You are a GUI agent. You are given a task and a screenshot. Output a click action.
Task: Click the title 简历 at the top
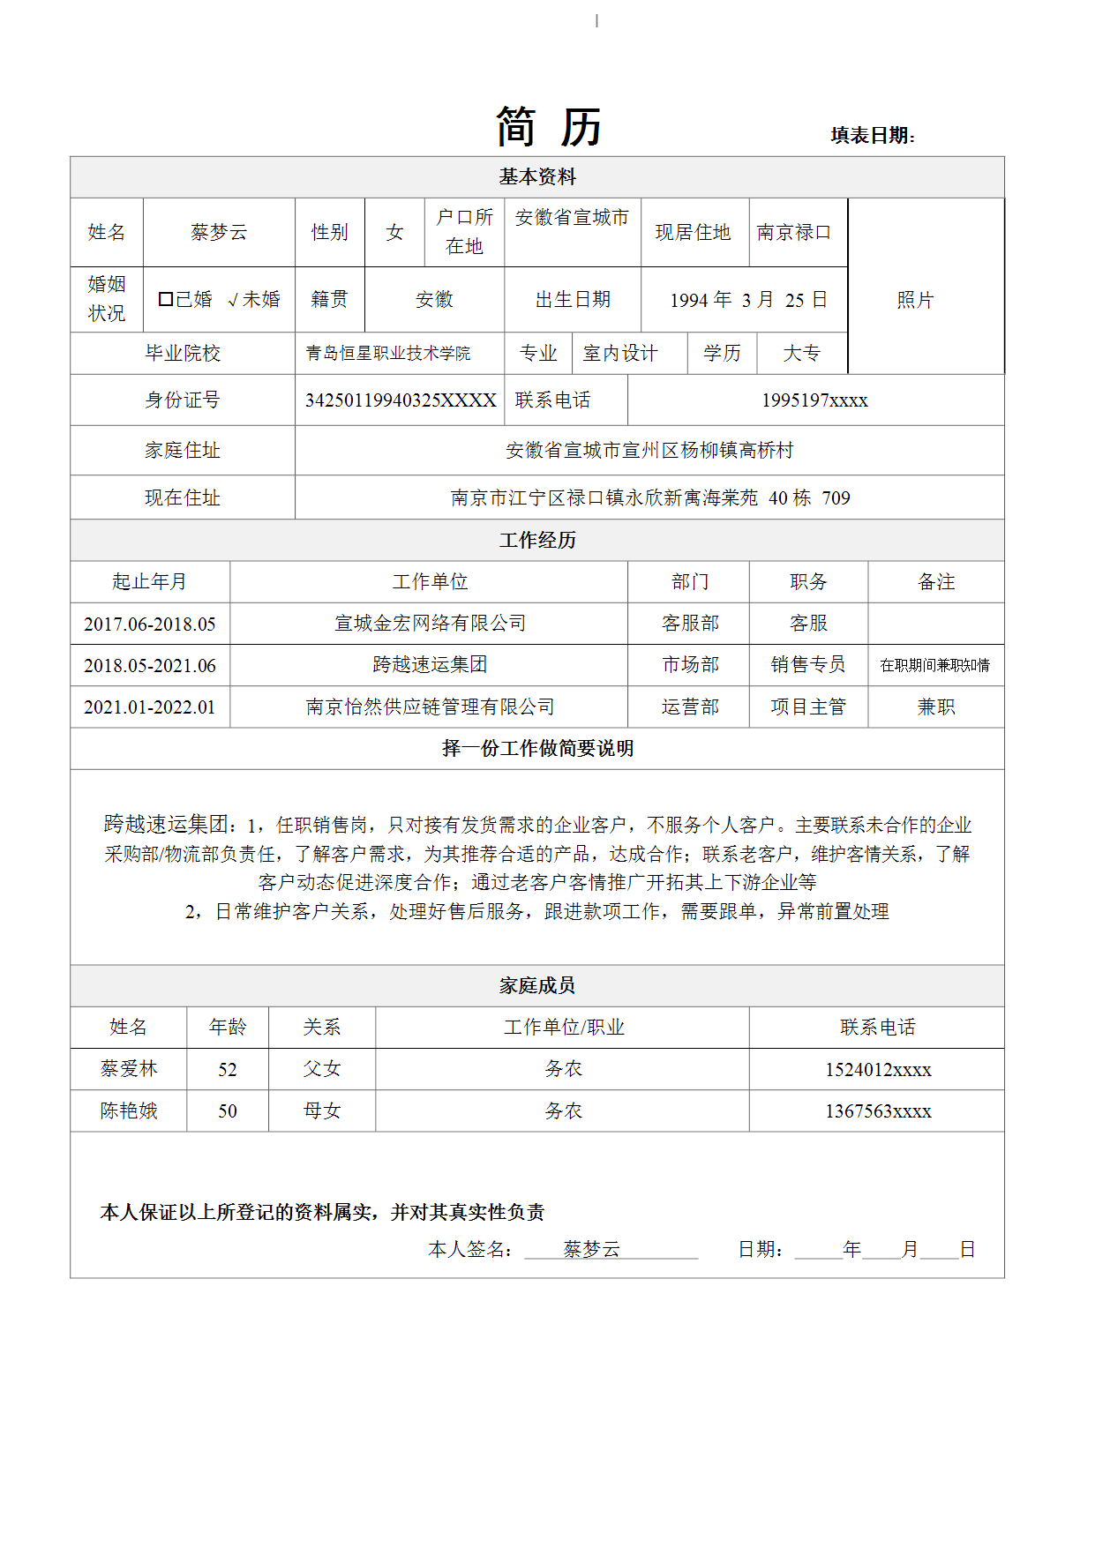pyautogui.click(x=548, y=127)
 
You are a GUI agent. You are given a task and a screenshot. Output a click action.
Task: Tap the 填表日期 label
pyautogui.click(x=872, y=135)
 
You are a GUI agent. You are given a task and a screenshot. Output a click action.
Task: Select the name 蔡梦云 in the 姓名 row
pyautogui.click(x=219, y=232)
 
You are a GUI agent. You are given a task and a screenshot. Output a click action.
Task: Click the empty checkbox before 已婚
pyautogui.click(x=165, y=299)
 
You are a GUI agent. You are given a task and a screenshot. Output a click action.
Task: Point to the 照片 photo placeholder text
pyautogui.click(x=915, y=300)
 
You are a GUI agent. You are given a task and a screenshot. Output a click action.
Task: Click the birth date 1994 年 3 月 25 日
pyautogui.click(x=748, y=300)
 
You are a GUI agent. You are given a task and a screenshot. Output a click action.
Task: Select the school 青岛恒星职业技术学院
pyautogui.click(x=388, y=353)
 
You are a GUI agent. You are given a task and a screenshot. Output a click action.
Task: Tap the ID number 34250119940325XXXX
pyautogui.click(x=401, y=400)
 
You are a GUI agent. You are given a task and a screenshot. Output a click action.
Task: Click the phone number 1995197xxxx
pyautogui.click(x=814, y=400)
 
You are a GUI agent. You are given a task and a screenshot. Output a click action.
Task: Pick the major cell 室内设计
pyautogui.click(x=620, y=353)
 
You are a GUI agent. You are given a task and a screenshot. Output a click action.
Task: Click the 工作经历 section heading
pyautogui.click(x=537, y=540)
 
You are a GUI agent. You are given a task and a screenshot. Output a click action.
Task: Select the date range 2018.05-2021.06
pyautogui.click(x=150, y=666)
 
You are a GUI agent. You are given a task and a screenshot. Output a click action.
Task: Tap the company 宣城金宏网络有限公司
pyautogui.click(x=430, y=624)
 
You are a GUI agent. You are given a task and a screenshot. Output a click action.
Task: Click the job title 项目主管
pyautogui.click(x=808, y=707)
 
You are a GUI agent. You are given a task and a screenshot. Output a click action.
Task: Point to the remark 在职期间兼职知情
pyautogui.click(x=935, y=665)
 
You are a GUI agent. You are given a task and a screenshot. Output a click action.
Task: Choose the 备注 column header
pyautogui.click(x=936, y=582)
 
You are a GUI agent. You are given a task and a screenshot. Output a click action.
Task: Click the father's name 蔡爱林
pyautogui.click(x=129, y=1069)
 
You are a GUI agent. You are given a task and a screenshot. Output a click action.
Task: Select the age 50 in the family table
pyautogui.click(x=228, y=1111)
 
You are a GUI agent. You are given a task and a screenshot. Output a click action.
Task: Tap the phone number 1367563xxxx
pyautogui.click(x=878, y=1111)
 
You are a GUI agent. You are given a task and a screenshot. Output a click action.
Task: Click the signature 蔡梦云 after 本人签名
pyautogui.click(x=591, y=1249)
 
